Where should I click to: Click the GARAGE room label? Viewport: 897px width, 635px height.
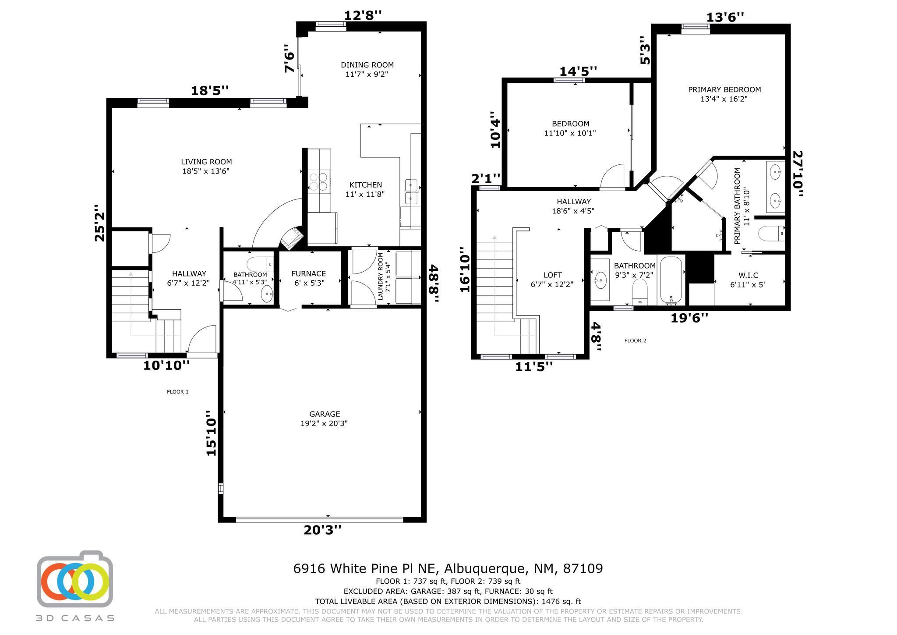click(325, 414)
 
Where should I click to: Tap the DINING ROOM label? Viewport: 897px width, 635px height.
click(367, 65)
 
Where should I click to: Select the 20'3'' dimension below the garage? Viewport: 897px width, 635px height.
click(322, 530)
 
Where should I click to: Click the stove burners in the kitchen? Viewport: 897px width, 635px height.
click(319, 181)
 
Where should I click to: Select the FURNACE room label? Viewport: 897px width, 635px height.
click(309, 273)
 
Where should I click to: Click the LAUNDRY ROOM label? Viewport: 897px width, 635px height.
click(380, 277)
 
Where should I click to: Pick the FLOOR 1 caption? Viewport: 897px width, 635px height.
click(178, 392)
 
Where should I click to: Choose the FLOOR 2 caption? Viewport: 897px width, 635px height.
click(635, 341)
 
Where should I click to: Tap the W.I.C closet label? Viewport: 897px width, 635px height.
click(748, 275)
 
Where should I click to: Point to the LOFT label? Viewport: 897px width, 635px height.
click(553, 275)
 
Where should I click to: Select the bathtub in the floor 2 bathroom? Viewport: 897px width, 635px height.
click(671, 280)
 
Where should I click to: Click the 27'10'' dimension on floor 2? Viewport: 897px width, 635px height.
click(798, 174)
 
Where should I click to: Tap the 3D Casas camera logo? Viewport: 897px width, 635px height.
click(75, 579)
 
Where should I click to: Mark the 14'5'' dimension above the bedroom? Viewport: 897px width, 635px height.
click(578, 71)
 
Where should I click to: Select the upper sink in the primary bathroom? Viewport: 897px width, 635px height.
click(776, 172)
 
